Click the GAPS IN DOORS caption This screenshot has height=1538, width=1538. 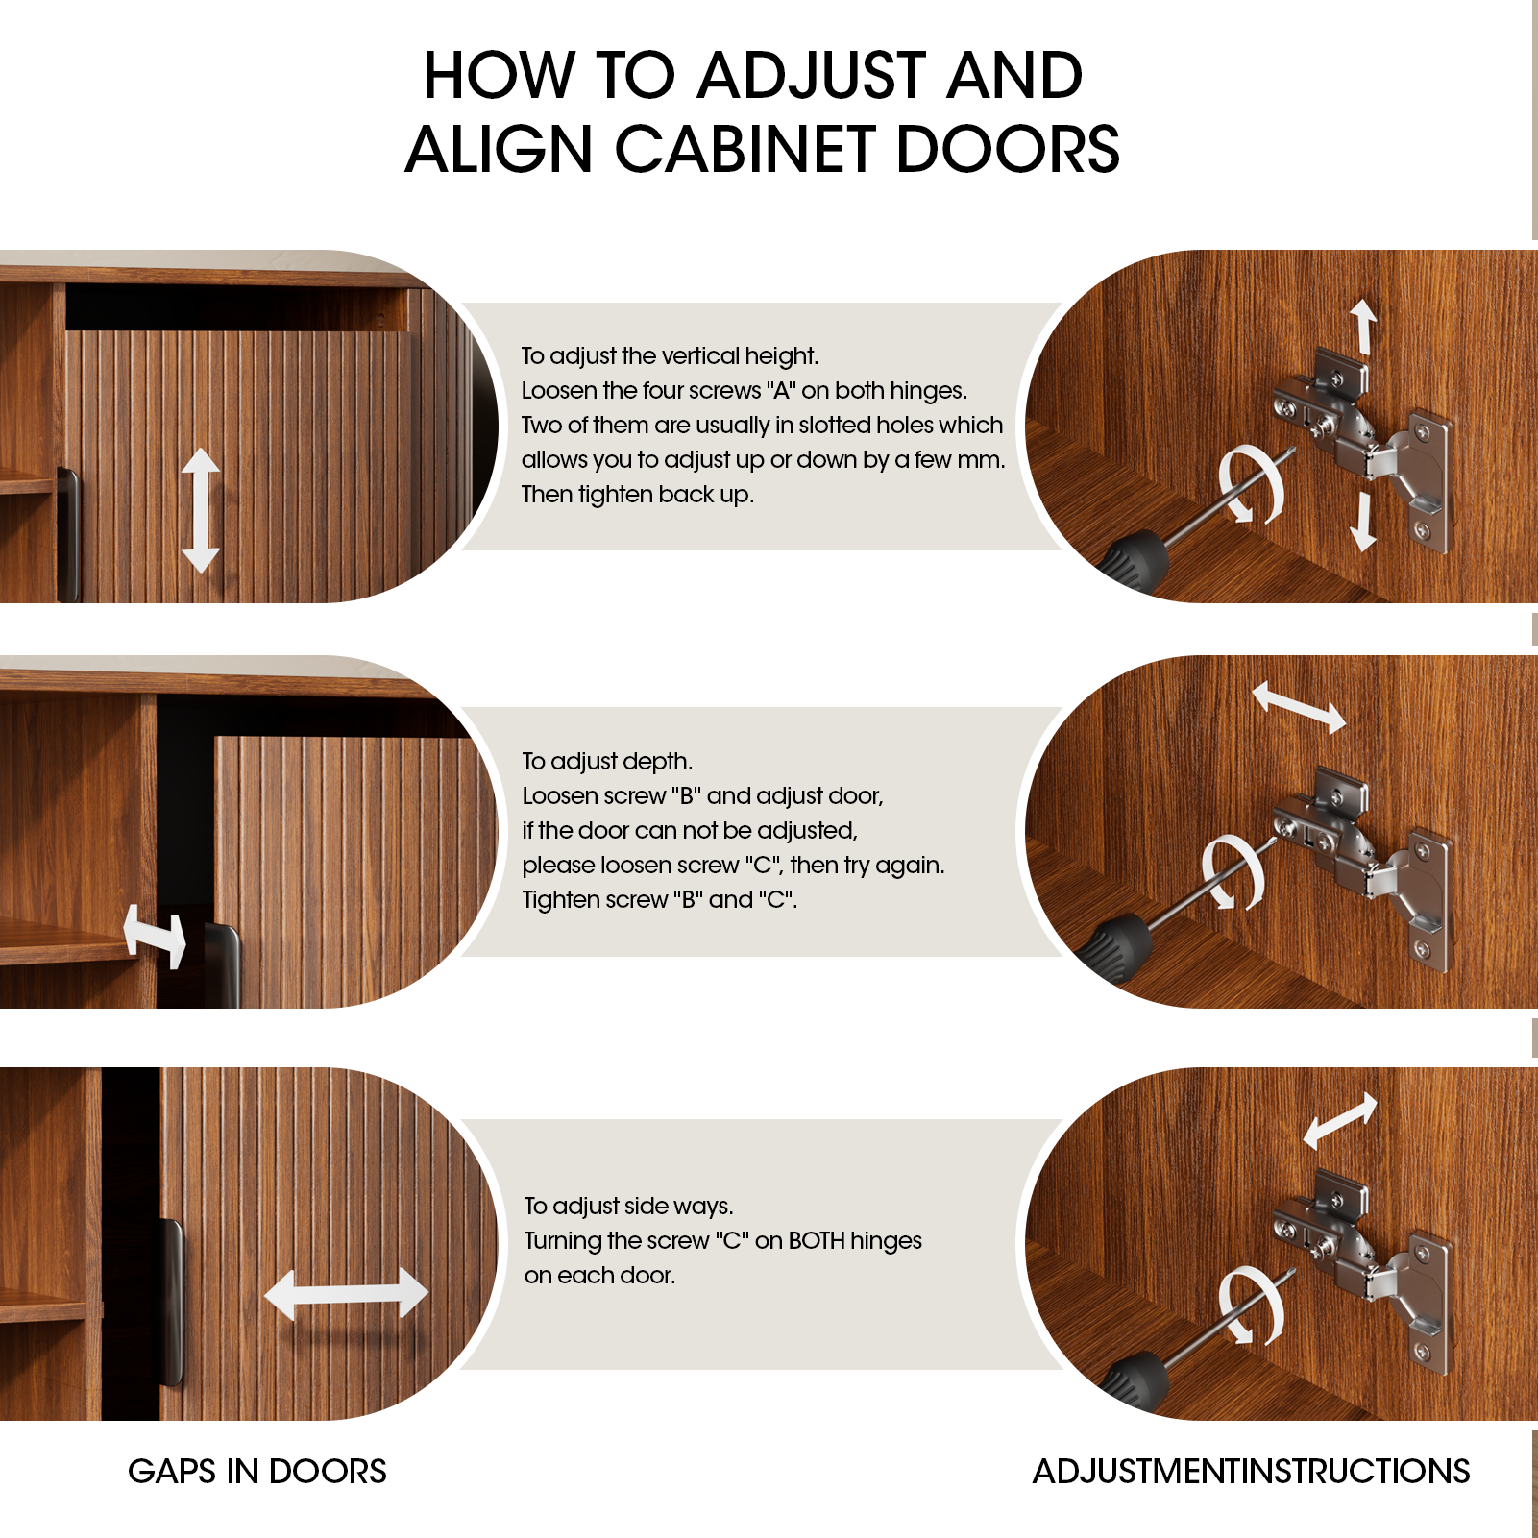point(257,1472)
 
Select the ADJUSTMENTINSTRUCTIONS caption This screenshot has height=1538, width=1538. point(1251,1472)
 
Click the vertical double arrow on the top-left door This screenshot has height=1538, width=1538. point(201,510)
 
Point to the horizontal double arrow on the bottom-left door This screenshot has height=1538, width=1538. point(346,1293)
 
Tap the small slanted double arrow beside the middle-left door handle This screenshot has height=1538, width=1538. point(155,937)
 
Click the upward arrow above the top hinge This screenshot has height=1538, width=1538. point(1363,327)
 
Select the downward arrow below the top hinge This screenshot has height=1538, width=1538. point(1363,523)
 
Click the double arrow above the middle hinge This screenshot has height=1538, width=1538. point(1300,708)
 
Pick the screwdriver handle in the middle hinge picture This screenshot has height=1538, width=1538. point(1114,945)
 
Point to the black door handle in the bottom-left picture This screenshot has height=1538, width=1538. point(171,1302)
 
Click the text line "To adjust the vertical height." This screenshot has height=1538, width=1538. point(670,356)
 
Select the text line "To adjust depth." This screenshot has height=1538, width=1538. point(607,762)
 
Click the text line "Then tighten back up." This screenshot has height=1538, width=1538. point(638,495)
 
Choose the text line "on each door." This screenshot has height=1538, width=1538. point(599,1276)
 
